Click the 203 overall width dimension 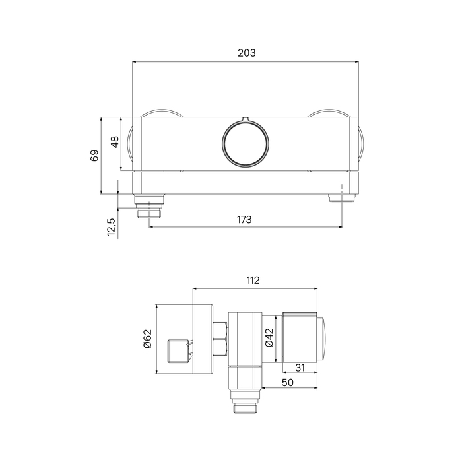(x=247, y=53)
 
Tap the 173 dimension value (x=244, y=220)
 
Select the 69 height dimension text (x=94, y=156)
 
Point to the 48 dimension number (x=115, y=142)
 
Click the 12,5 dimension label (x=111, y=227)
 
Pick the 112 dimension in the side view (x=253, y=280)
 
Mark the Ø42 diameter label (x=269, y=337)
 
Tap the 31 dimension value (x=300, y=368)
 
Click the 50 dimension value (x=288, y=382)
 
